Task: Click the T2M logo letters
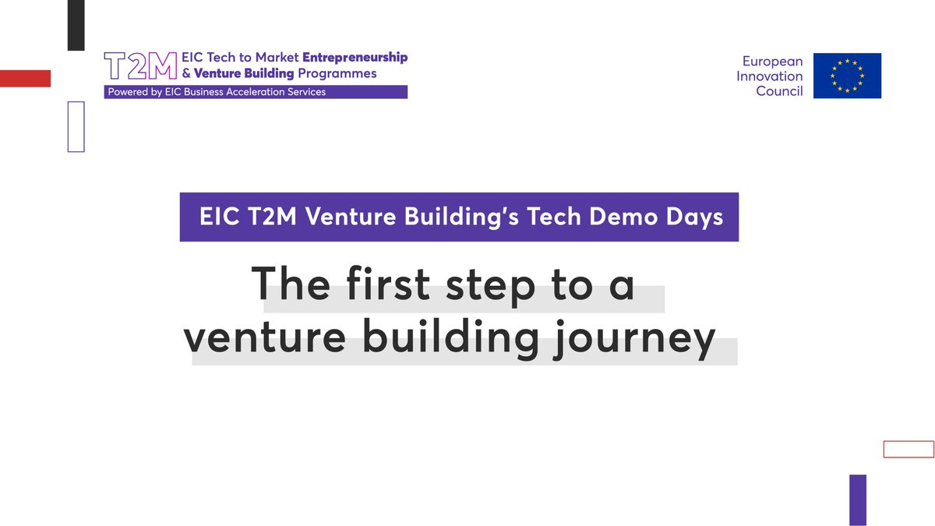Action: (140, 67)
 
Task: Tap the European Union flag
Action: (847, 76)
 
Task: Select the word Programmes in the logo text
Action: (337, 73)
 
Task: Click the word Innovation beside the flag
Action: (769, 76)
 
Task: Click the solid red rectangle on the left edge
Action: (25, 78)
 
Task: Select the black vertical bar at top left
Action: (76, 25)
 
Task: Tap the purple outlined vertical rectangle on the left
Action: (76, 125)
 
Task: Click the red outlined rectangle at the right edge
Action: (908, 449)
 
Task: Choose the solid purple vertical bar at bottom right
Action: (857, 499)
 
